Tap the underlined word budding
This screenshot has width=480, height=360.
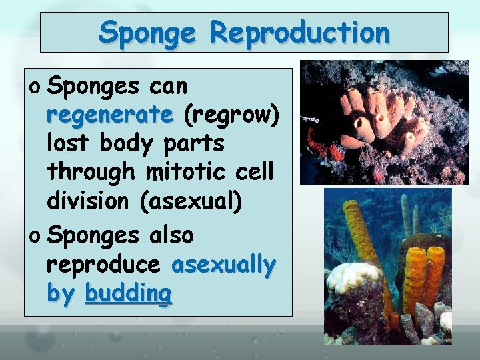point(129,293)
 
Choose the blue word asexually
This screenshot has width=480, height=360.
point(223,265)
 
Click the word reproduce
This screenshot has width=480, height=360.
point(103,265)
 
